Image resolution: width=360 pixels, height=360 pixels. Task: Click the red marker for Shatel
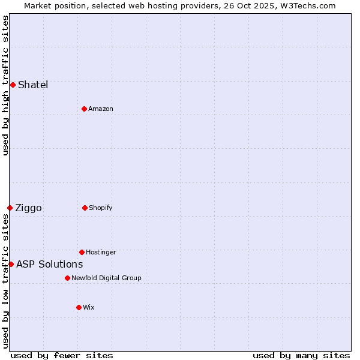click(13, 85)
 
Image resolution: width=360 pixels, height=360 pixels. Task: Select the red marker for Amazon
click(84, 109)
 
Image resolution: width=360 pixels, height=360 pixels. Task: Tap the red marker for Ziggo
click(10, 208)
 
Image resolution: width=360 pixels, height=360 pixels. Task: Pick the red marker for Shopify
click(85, 208)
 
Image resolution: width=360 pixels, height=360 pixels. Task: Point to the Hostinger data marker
click(82, 252)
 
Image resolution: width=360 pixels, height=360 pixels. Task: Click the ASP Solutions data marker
click(11, 264)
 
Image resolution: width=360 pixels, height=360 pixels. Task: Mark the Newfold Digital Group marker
click(67, 278)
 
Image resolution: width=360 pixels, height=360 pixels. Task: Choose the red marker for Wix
click(79, 307)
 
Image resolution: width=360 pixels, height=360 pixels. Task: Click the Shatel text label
click(33, 85)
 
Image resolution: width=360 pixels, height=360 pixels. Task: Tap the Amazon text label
click(101, 109)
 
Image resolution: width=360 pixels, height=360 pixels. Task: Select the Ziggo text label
click(28, 208)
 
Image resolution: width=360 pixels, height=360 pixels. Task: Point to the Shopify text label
click(101, 208)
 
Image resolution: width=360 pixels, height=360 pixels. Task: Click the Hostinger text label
click(101, 252)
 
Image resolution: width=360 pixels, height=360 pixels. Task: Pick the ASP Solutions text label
click(49, 264)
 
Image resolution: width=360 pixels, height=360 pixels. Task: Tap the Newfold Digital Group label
click(106, 278)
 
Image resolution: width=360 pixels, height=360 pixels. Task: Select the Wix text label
click(89, 307)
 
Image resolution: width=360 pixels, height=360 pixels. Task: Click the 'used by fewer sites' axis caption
click(62, 355)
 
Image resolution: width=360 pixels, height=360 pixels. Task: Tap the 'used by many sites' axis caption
click(301, 355)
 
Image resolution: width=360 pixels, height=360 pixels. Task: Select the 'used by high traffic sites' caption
click(5, 85)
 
